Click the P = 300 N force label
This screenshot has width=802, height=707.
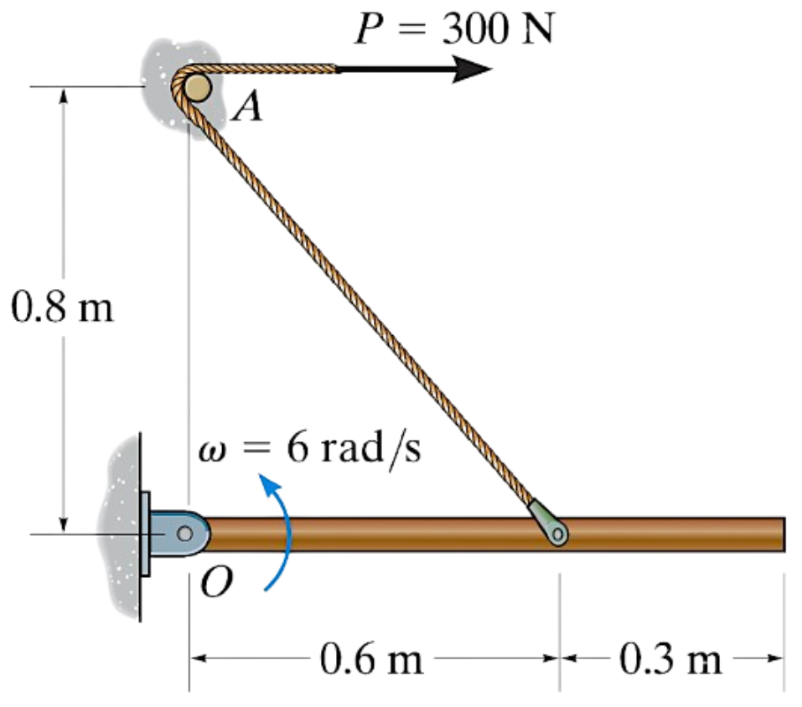coord(453,30)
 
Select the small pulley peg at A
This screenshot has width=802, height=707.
coord(198,85)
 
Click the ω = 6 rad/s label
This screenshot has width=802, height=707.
coord(310,451)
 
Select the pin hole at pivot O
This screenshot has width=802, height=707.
coord(183,534)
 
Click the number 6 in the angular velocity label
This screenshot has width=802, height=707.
coord(297,451)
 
